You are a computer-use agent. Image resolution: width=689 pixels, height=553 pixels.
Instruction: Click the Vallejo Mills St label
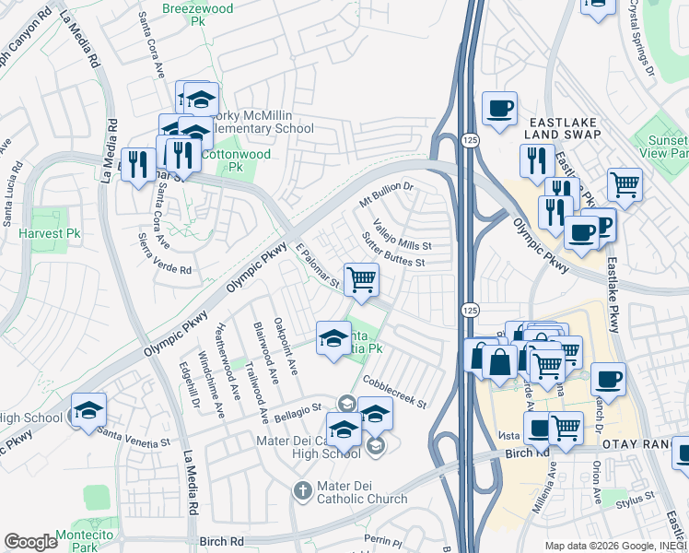pyautogui.click(x=403, y=234)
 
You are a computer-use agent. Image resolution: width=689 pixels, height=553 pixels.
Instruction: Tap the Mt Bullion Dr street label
pyautogui.click(x=387, y=194)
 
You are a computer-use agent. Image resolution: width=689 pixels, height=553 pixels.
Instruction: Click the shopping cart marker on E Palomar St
pyautogui.click(x=361, y=279)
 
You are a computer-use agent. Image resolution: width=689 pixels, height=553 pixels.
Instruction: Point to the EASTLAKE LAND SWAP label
pyautogui.click(x=563, y=128)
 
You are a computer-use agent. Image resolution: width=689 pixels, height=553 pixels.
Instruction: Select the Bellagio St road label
pyautogui.click(x=297, y=410)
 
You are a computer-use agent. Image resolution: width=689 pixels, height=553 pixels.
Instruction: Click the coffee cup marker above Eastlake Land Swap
pyautogui.click(x=499, y=108)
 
